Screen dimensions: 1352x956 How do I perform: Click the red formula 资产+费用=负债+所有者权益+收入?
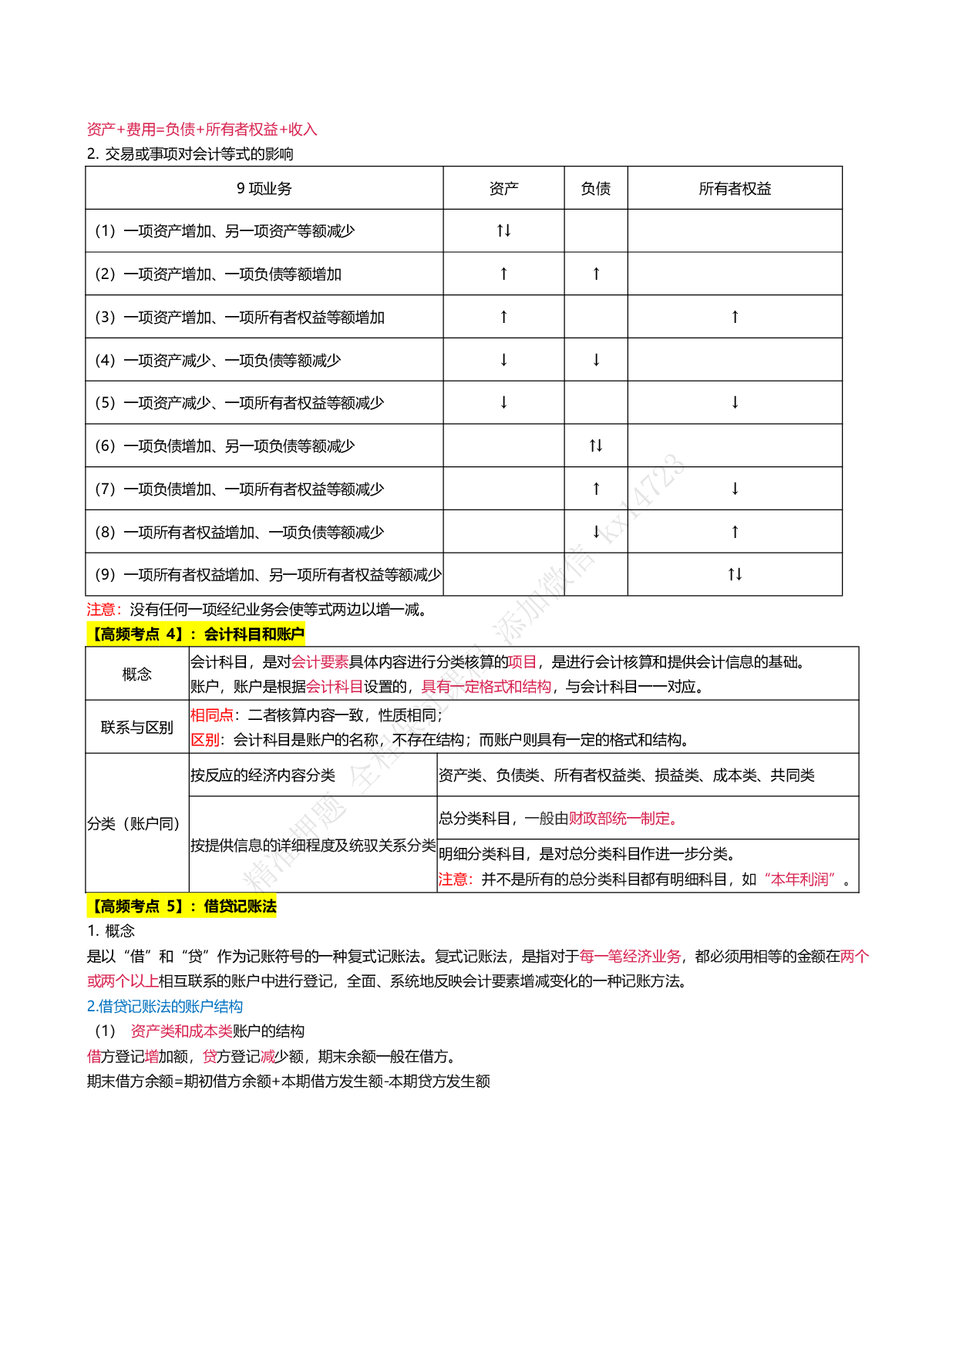pyautogui.click(x=202, y=129)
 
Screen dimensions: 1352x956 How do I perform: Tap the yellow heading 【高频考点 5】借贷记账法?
pyautogui.click(x=181, y=906)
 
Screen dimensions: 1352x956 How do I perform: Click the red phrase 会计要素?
pyautogui.click(x=320, y=662)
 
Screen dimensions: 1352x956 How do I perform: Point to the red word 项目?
pyautogui.click(x=522, y=662)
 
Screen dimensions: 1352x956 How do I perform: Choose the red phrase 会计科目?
pyautogui.click(x=335, y=687)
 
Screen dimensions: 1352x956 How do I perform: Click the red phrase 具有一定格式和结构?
pyautogui.click(x=486, y=687)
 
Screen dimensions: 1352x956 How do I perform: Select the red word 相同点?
pyautogui.click(x=212, y=715)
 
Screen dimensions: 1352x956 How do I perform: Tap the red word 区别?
pyautogui.click(x=205, y=740)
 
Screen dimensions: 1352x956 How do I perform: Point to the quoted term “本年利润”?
pyautogui.click(x=800, y=879)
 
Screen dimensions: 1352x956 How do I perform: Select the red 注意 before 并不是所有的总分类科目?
pyautogui.click(x=454, y=879)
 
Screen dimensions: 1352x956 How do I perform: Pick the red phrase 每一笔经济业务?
pyautogui.click(x=630, y=957)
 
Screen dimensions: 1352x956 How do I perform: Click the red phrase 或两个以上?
pyautogui.click(x=123, y=981)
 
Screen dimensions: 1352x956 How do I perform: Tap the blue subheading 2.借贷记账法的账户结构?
pyautogui.click(x=165, y=1007)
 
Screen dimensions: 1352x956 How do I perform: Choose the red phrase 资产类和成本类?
pyautogui.click(x=182, y=1031)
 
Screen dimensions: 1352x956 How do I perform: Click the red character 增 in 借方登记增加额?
pyautogui.click(x=152, y=1057)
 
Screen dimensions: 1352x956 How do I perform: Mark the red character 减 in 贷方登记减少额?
pyautogui.click(x=268, y=1057)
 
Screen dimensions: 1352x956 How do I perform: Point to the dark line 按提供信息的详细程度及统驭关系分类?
pyautogui.click(x=313, y=846)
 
